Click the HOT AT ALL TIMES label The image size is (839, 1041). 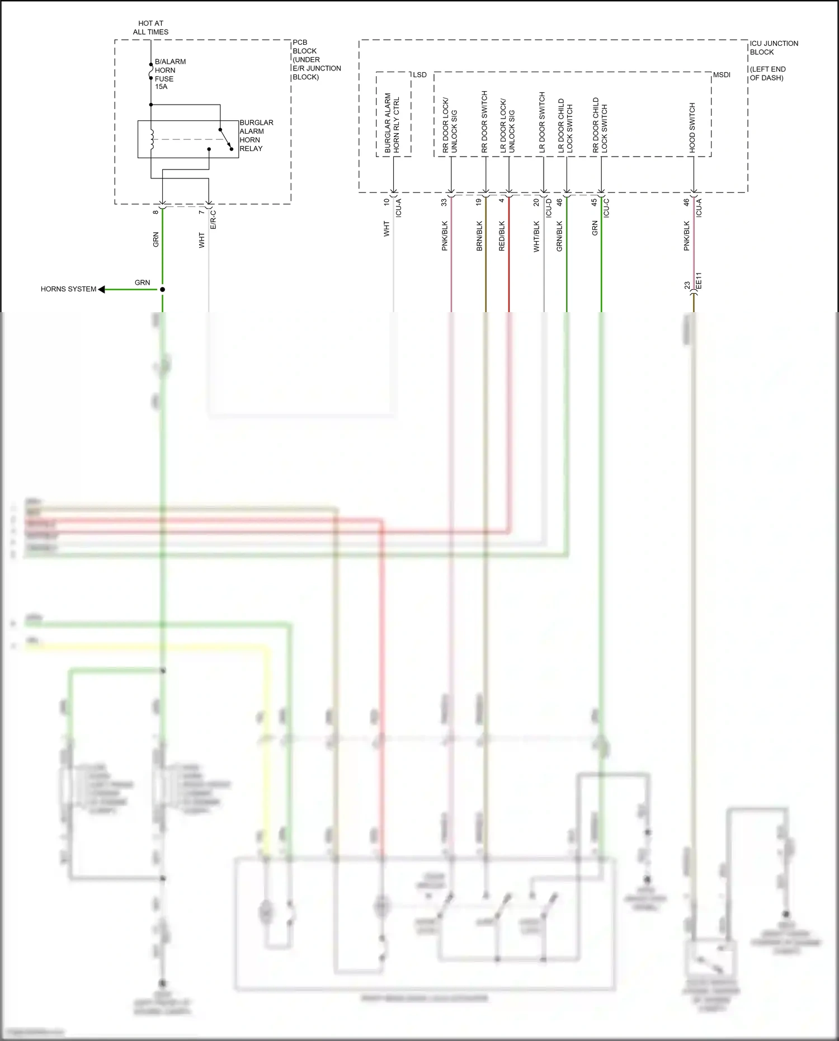pyautogui.click(x=150, y=28)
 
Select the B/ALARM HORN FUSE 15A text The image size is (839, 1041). pyautogui.click(x=169, y=74)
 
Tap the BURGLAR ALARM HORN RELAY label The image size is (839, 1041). pyautogui.click(x=256, y=135)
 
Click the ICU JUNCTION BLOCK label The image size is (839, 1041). pyautogui.click(x=774, y=48)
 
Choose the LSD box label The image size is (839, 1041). pyautogui.click(x=419, y=75)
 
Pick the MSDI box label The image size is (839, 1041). pyautogui.click(x=722, y=75)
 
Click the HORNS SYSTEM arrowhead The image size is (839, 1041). pyautogui.click(x=102, y=289)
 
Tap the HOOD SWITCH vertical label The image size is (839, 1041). pyautogui.click(x=692, y=128)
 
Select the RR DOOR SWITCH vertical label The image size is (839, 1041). pyautogui.click(x=485, y=122)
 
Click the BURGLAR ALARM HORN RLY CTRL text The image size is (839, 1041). pyautogui.click(x=392, y=124)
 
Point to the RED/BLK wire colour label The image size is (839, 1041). pyautogui.click(x=502, y=235)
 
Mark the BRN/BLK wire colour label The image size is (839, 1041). pyautogui.click(x=479, y=235)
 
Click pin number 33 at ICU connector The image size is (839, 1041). pyautogui.click(x=445, y=202)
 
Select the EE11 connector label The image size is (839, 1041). pyautogui.click(x=698, y=281)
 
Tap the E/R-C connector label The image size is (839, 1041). pyautogui.click(x=213, y=219)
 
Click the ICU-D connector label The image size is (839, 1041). pyautogui.click(x=549, y=208)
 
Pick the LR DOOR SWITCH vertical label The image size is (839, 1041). pyautogui.click(x=542, y=123)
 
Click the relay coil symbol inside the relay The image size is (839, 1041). pyautogui.click(x=151, y=140)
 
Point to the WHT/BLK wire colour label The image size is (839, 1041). pyautogui.click(x=536, y=236)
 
